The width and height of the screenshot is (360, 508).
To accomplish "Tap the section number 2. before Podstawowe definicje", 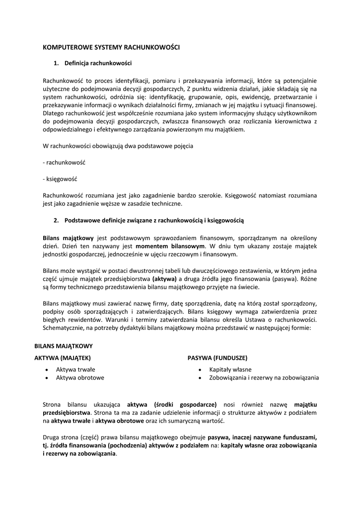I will (57, 220).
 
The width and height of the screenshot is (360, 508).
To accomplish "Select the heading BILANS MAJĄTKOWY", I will (64, 346).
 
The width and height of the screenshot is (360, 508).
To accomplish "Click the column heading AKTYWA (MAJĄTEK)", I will (63, 358).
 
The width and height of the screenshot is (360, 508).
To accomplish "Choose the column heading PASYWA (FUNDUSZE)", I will (217, 358).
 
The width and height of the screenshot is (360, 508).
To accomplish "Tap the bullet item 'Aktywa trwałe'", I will (75, 370).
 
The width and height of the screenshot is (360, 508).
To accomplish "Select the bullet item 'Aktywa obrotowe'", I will (80, 378).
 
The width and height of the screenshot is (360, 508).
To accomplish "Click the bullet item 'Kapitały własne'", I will (230, 370).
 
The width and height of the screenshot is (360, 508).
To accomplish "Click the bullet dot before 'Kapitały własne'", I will (199, 370).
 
